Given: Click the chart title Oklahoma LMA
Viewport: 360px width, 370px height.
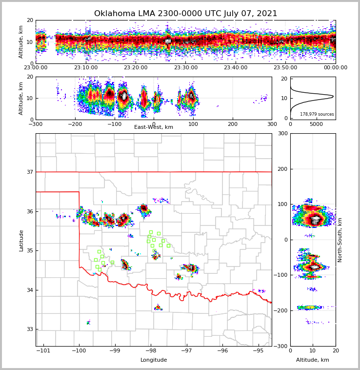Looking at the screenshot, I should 185,14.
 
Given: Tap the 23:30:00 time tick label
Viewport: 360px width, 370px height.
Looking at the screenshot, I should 186,68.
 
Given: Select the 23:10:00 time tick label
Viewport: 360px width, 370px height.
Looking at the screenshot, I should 86,68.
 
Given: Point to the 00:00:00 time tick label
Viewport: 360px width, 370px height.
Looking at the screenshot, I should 336,68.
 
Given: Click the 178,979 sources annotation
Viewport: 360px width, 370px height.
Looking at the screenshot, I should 317,114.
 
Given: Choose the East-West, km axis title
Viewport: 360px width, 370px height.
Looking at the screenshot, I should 154,127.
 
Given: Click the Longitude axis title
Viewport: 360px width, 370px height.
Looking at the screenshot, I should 154,360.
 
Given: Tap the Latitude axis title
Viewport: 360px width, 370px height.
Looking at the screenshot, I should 21,240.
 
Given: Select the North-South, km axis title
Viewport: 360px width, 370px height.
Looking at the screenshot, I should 340,240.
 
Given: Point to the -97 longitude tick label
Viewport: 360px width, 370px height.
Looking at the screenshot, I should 186,350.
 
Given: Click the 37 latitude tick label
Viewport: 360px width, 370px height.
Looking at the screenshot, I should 30,172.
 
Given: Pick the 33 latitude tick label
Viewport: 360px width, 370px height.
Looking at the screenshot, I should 30,329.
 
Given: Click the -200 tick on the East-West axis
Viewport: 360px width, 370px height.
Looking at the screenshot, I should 75,124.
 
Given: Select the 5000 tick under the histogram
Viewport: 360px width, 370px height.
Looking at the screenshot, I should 317,124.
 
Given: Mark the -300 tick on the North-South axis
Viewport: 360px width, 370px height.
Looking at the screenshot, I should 281,346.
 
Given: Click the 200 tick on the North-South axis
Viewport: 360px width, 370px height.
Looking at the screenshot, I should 282,169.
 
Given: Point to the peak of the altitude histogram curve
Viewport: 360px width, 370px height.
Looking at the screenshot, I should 333,96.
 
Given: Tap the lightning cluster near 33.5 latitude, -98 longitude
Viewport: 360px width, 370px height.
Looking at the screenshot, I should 158,308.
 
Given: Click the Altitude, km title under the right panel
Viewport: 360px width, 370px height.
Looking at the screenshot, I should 313,360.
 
